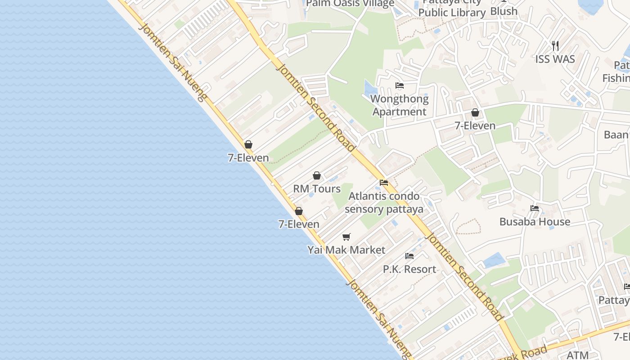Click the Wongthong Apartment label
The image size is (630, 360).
399,105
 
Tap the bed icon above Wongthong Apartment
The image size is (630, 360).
399,85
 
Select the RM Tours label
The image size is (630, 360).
317,189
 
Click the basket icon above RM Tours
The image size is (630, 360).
317,175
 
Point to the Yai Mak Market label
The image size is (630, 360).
346,250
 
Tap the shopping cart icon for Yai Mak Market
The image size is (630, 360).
346,237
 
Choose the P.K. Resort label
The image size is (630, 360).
409,269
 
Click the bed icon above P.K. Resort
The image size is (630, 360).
409,256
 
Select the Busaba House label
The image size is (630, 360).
535,221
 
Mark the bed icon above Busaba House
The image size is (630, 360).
535,208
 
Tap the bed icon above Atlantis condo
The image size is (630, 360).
384,183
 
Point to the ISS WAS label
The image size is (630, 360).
555,59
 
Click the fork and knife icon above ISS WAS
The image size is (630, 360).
555,45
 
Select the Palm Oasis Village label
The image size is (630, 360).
350,4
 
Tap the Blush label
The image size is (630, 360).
504,11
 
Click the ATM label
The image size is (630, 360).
577,355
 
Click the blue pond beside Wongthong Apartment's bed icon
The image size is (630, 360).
369,89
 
